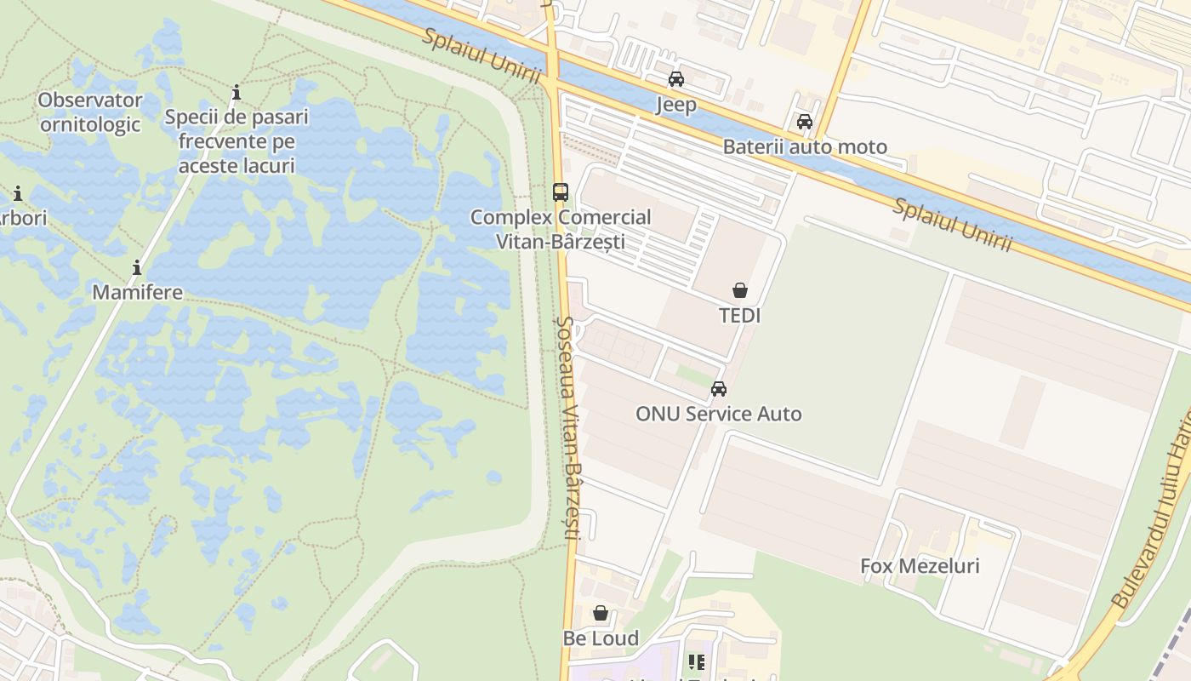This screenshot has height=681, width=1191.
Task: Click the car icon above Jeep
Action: tap(676, 79)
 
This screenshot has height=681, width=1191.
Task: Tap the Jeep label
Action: tap(676, 105)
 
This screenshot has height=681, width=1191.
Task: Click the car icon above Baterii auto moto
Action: tap(805, 122)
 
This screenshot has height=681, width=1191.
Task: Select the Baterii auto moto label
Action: tap(805, 147)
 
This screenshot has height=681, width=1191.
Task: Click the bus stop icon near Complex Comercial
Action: tap(560, 192)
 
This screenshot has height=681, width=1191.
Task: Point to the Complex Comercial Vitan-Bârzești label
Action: tap(561, 229)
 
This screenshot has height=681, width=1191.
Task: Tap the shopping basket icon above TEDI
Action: tap(740, 290)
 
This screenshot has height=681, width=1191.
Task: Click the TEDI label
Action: tap(740, 316)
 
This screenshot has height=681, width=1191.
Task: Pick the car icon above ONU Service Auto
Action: tap(719, 389)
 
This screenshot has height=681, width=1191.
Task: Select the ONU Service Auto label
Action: tap(719, 415)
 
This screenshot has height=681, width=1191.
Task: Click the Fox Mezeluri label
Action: tap(920, 566)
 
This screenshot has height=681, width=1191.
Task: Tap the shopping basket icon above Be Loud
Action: tap(601, 613)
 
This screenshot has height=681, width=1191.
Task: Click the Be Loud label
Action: tap(601, 638)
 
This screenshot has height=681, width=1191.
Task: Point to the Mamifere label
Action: tap(137, 292)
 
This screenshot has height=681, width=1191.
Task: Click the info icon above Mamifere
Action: tap(137, 268)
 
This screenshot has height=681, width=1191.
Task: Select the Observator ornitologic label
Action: tap(90, 112)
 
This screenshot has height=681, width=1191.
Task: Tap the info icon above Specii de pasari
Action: tap(236, 92)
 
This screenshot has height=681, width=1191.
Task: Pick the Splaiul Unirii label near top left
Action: tap(482, 55)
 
